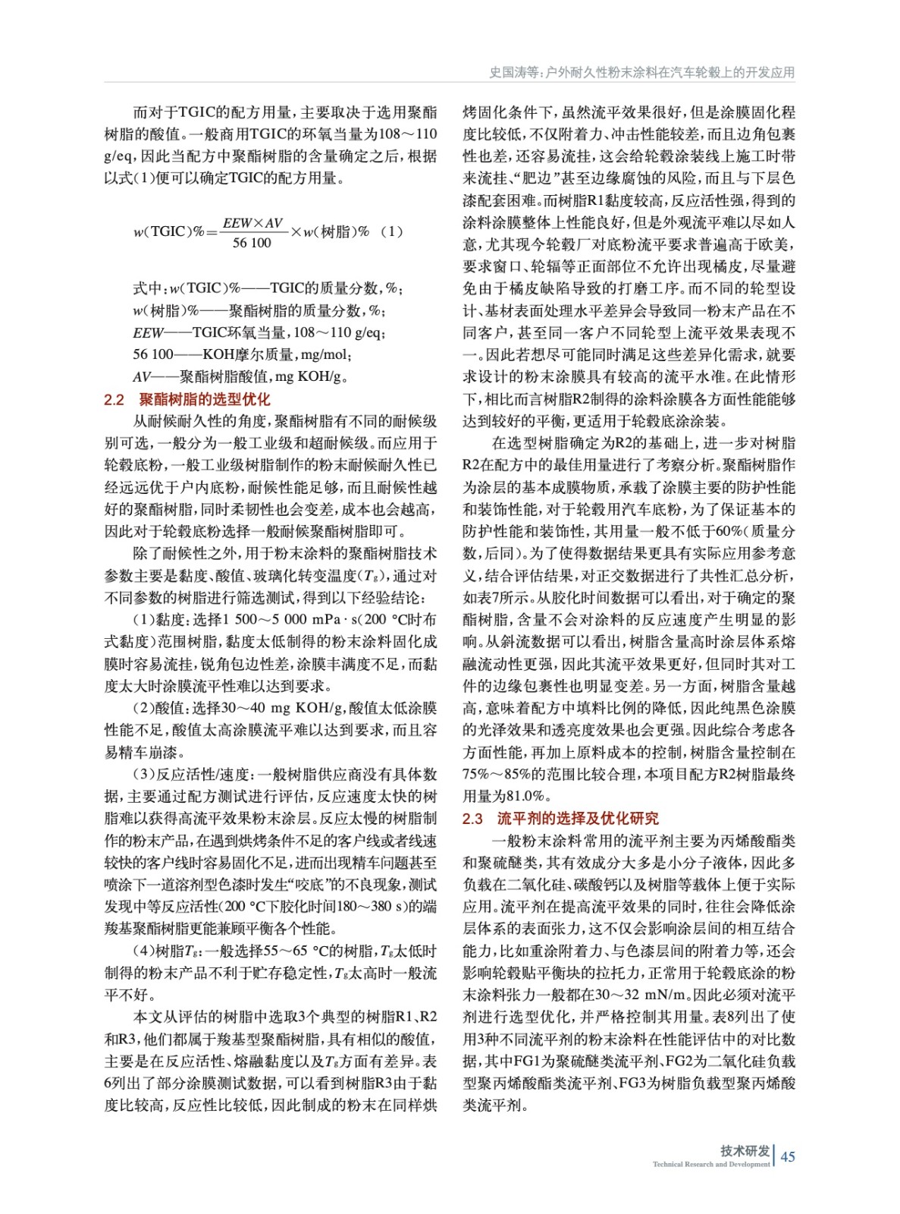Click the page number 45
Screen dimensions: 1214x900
788,1156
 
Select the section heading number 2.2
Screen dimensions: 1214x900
114,399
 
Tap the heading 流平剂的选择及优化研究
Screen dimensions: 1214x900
578,818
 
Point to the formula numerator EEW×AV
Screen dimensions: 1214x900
252,223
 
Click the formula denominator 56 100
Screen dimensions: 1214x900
252,243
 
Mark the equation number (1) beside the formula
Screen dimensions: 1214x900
391,231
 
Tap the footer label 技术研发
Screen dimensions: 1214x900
745,1150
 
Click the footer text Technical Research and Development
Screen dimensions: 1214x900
710,1164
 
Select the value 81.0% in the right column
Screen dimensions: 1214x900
525,796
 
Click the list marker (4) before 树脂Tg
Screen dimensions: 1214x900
143,951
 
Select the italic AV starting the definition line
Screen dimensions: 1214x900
142,376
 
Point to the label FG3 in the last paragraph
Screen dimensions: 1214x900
634,1083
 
